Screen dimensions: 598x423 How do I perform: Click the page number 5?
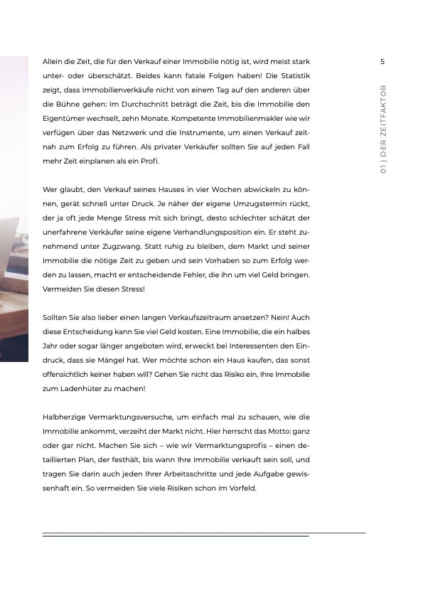pyautogui.click(x=382, y=61)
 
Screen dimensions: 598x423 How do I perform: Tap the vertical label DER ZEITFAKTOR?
pyautogui.click(x=382, y=124)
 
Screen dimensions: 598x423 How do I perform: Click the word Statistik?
pyautogui.click(x=291, y=75)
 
